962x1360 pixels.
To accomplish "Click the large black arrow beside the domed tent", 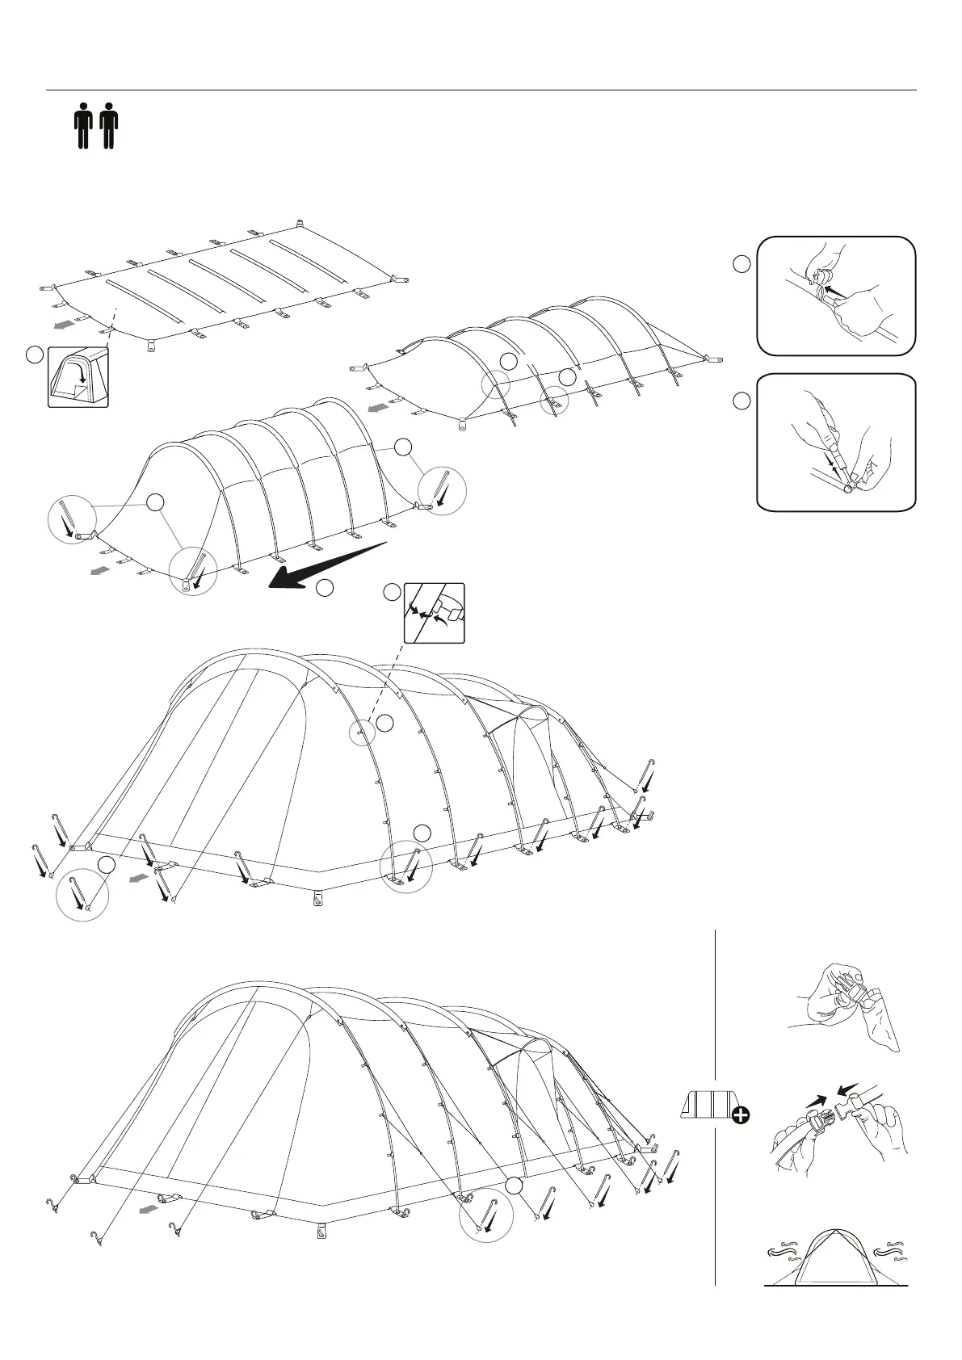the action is [323, 566].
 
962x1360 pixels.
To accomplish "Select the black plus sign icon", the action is [739, 1115].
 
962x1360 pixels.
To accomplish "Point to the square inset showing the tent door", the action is [78, 377].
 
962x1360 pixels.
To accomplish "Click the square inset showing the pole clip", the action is [435, 613].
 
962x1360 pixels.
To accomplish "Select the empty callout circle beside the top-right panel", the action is [741, 263].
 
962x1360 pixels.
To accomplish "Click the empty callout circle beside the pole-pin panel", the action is [741, 401].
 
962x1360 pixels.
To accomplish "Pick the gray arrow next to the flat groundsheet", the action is [65, 325].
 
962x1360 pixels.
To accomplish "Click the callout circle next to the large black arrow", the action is [325, 589].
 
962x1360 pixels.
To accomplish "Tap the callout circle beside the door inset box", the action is [34, 355].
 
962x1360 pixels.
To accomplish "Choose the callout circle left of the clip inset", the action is [392, 592].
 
